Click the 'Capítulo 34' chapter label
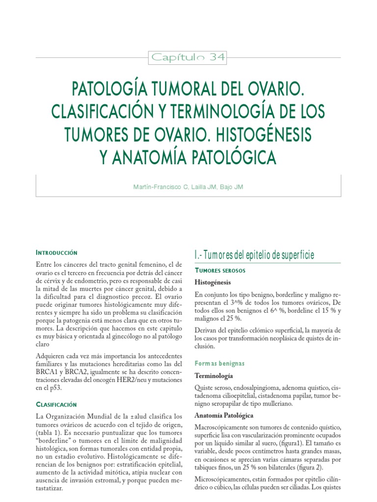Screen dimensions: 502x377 pos(188,57)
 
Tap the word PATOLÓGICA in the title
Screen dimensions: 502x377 pos(232,158)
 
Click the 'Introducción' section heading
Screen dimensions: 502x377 pos(57,252)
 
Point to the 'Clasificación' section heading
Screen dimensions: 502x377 pos(57,404)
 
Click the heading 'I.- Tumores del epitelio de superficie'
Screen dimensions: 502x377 pos(254,255)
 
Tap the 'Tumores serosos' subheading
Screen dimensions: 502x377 pos(220,271)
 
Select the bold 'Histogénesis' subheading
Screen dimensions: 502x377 pos(213,283)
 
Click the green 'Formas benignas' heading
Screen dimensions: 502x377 pos(219,363)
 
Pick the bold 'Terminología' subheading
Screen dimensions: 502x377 pos(214,376)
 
